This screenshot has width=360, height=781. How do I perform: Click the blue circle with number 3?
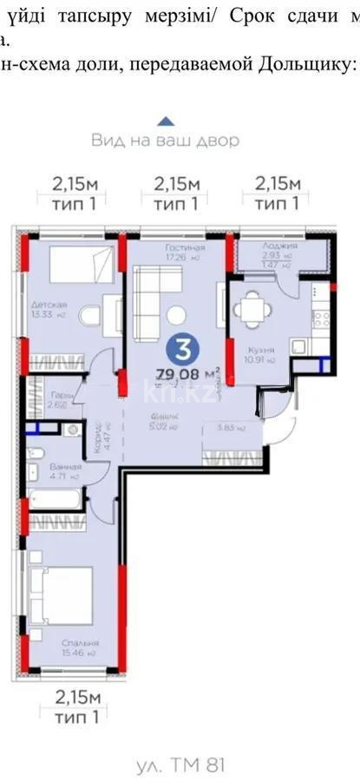coord(183,350)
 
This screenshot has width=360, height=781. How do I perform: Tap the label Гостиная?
coord(183,246)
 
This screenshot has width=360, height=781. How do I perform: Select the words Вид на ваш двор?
coord(165,140)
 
